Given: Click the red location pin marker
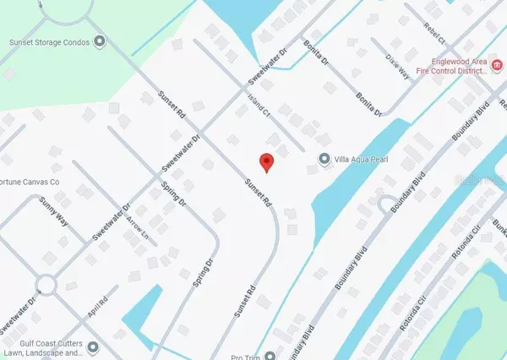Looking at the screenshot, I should [266, 161].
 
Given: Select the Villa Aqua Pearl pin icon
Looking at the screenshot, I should [324, 159].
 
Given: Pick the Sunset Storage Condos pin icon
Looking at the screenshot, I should [101, 41].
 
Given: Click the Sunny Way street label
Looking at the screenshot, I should [52, 211].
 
